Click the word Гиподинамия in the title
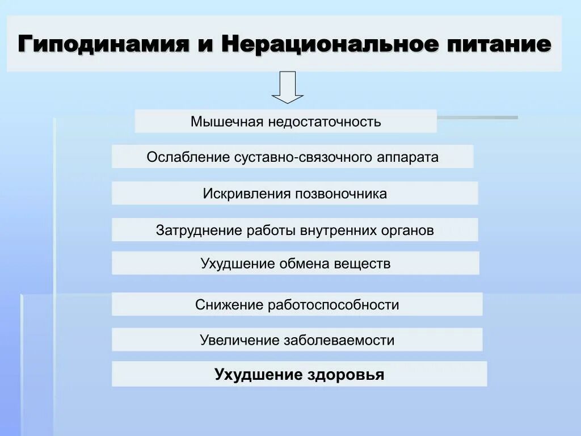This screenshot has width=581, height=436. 103,44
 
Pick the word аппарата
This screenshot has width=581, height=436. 408,158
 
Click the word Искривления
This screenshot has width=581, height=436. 246,194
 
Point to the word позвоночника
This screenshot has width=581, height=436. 340,194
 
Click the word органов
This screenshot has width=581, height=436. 406,231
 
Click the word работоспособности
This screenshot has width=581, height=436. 334,305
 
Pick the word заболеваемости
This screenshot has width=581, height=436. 336,341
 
